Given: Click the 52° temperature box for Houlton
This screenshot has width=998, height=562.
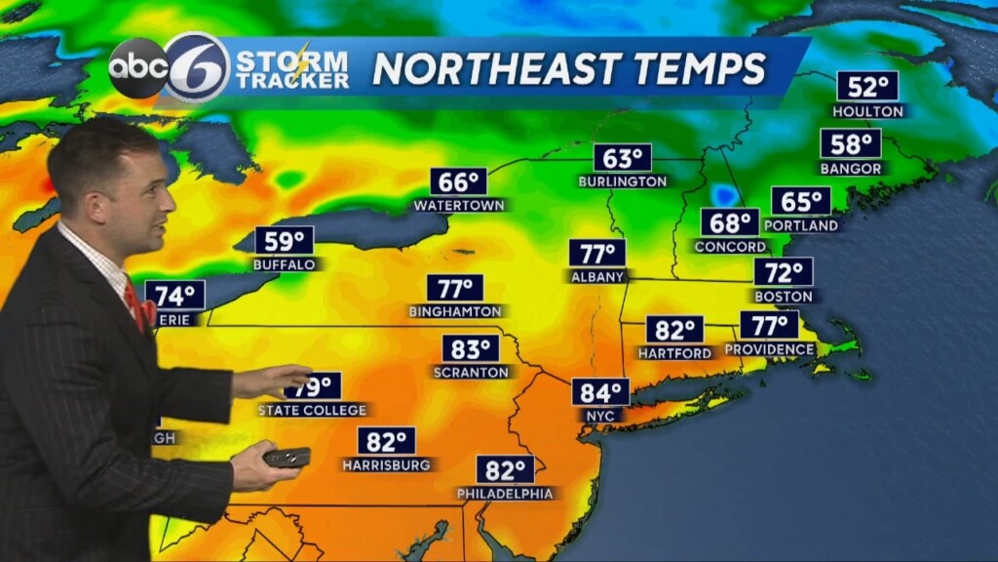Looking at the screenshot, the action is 866,87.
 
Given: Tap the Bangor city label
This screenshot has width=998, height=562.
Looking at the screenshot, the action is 850,169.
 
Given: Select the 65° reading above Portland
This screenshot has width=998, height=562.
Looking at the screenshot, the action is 801,202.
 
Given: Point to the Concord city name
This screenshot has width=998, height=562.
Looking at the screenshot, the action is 730,247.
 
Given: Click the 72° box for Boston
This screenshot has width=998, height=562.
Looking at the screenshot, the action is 783,272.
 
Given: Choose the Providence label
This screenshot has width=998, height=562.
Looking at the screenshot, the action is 770,349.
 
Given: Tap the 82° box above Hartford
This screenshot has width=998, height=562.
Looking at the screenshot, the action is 674,330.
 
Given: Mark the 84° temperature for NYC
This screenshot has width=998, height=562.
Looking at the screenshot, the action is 600,392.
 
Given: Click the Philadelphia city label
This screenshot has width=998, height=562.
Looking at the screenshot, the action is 505,494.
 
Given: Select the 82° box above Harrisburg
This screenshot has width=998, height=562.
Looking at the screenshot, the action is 386,441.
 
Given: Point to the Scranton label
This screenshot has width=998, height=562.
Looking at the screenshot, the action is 471,372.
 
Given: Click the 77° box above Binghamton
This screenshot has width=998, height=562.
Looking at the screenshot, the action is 455,289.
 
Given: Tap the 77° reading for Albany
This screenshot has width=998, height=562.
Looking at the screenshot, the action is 597,254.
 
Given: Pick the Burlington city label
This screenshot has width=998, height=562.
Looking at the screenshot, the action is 622,181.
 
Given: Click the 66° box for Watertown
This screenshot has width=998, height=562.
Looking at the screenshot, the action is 459,181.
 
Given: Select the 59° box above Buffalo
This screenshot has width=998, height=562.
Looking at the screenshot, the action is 285,240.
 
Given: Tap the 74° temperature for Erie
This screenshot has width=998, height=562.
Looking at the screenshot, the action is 175,295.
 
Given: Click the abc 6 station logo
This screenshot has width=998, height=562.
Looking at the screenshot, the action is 169,68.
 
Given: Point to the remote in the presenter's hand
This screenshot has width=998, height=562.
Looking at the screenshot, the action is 287,457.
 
